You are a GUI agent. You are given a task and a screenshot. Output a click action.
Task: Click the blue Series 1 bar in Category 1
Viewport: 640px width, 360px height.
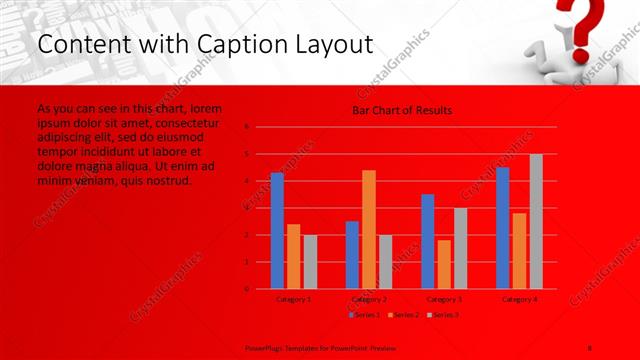pyautogui.click(x=277, y=231)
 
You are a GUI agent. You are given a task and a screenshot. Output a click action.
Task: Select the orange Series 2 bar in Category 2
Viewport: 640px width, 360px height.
pyautogui.click(x=369, y=229)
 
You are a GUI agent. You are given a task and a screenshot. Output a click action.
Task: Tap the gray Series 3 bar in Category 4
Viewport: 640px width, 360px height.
pyautogui.click(x=536, y=221)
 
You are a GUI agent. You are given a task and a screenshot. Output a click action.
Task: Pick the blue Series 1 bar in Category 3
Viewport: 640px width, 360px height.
pyautogui.click(x=428, y=241)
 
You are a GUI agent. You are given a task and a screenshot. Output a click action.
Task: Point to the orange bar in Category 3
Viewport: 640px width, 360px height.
pyautogui.click(x=444, y=264)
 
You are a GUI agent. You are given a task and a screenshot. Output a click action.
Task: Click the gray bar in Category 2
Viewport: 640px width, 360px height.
pyautogui.click(x=385, y=262)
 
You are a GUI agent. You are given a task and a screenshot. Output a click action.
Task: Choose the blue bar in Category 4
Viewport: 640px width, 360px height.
pyautogui.click(x=503, y=228)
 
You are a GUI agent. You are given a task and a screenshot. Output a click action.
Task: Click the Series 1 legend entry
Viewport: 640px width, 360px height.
pyautogui.click(x=363, y=315)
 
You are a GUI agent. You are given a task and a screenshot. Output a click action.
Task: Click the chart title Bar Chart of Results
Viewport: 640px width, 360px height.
pyautogui.click(x=402, y=110)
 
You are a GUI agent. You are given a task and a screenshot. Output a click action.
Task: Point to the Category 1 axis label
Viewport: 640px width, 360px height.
pyautogui.click(x=293, y=299)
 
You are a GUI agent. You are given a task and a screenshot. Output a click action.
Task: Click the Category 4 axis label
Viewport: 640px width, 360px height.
pyautogui.click(x=520, y=299)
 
